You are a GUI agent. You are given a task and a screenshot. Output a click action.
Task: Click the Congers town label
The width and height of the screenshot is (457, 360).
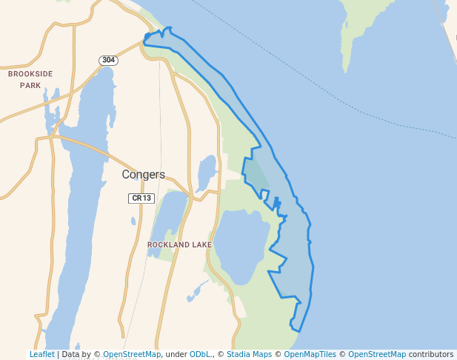(x=144, y=175)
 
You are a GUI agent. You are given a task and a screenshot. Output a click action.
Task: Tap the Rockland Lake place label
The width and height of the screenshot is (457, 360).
(x=179, y=244)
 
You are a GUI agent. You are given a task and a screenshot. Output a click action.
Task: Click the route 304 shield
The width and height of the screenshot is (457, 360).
(x=109, y=60)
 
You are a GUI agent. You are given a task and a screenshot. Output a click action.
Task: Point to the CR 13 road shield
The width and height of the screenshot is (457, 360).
(x=140, y=198)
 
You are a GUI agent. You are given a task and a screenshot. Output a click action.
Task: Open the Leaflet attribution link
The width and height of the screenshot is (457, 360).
(x=41, y=354)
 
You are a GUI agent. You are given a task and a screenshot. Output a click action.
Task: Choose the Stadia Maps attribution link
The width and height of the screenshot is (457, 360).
(x=249, y=354)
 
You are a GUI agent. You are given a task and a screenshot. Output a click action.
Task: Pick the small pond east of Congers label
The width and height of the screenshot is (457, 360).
(x=207, y=172)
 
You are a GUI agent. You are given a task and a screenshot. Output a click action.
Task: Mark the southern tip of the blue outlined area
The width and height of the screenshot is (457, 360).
(x=296, y=329)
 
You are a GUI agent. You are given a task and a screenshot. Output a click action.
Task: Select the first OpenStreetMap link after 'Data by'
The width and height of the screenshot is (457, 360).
(x=132, y=354)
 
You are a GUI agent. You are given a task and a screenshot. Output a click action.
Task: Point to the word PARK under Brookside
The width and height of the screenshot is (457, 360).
(x=30, y=85)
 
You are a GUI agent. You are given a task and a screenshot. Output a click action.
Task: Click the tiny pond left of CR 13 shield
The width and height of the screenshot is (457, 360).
(x=133, y=220)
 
